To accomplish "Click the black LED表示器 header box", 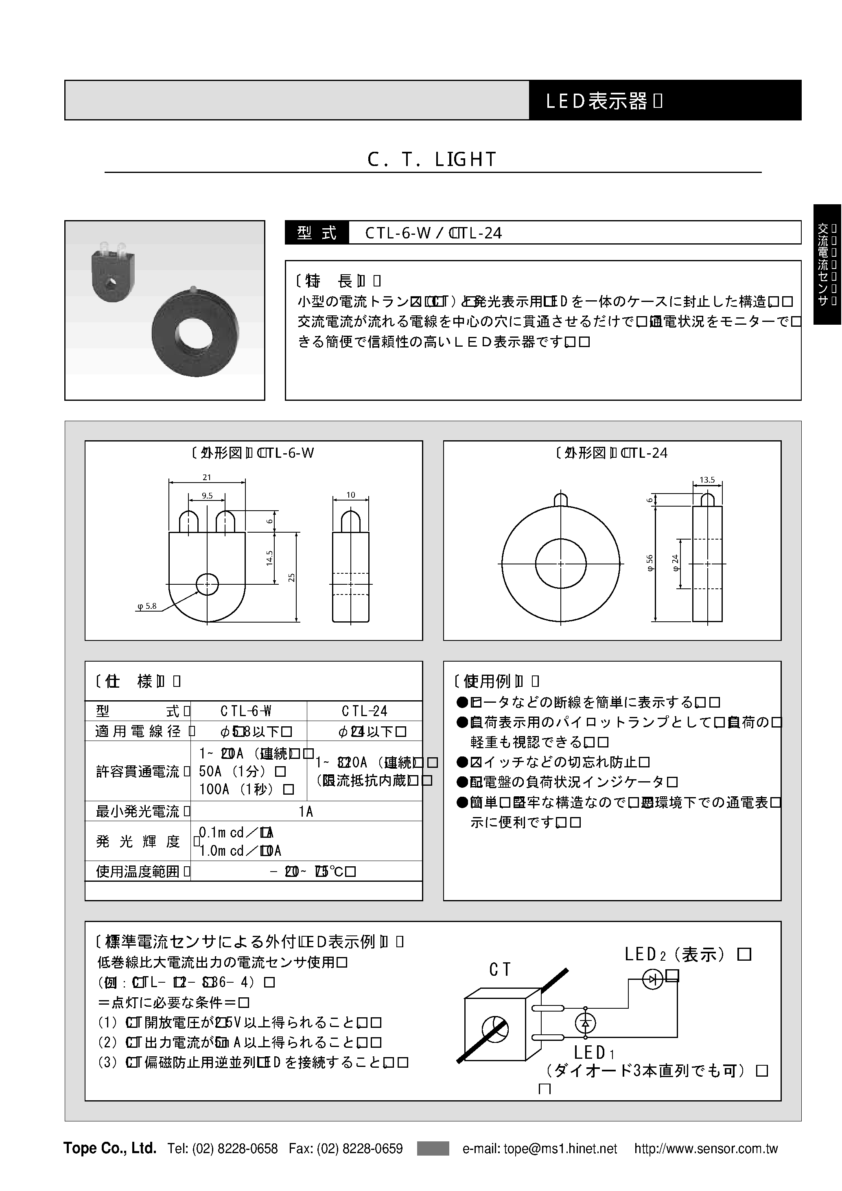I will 665,101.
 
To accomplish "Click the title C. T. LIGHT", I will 432,159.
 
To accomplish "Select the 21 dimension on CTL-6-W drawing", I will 207,477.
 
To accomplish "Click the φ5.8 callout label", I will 147,606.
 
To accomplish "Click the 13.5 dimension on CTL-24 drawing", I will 707,480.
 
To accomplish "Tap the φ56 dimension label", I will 650,563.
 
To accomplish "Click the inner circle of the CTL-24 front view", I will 560,563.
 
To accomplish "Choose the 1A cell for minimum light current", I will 306,811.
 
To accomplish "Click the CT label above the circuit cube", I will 500,970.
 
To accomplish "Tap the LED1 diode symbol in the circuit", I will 586,1023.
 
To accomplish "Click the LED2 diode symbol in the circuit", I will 653,979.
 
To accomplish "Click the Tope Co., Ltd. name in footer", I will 110,1148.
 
